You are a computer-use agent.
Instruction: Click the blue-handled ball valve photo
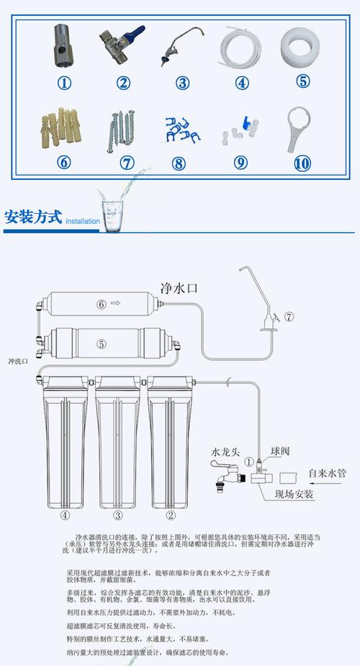pyautogui.click(x=122, y=42)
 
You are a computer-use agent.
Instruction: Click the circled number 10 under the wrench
pyautogui.click(x=302, y=163)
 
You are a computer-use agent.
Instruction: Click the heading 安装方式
pyautogui.click(x=32, y=217)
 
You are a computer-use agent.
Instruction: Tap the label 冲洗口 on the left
pyautogui.click(x=18, y=361)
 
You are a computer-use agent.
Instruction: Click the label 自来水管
pyautogui.click(x=327, y=473)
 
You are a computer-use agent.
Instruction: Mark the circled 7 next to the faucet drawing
pyautogui.click(x=289, y=316)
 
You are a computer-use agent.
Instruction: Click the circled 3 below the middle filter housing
pyautogui.click(x=118, y=515)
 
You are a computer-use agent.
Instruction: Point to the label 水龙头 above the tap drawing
pyautogui.click(x=224, y=452)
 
